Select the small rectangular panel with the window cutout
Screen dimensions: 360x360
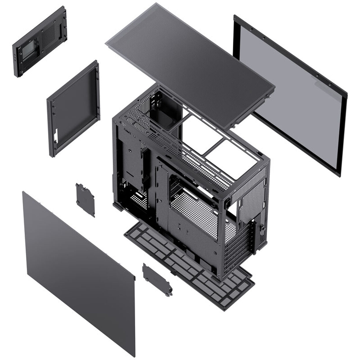[x=39, y=42]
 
